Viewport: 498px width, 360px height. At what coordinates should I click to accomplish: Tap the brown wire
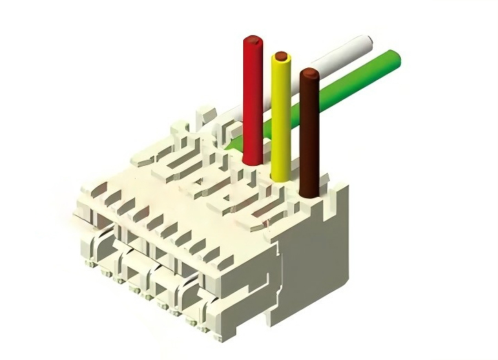click(310, 131)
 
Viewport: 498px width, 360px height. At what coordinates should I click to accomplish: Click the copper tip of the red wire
click(253, 41)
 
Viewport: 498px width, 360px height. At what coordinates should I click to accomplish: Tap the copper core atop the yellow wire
click(280, 55)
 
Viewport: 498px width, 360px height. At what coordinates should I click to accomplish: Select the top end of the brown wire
click(310, 71)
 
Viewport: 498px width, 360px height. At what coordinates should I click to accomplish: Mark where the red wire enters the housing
click(252, 160)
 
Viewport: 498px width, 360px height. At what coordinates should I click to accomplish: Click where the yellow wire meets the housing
click(281, 176)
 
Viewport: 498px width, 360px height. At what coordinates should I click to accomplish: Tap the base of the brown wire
click(310, 192)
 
